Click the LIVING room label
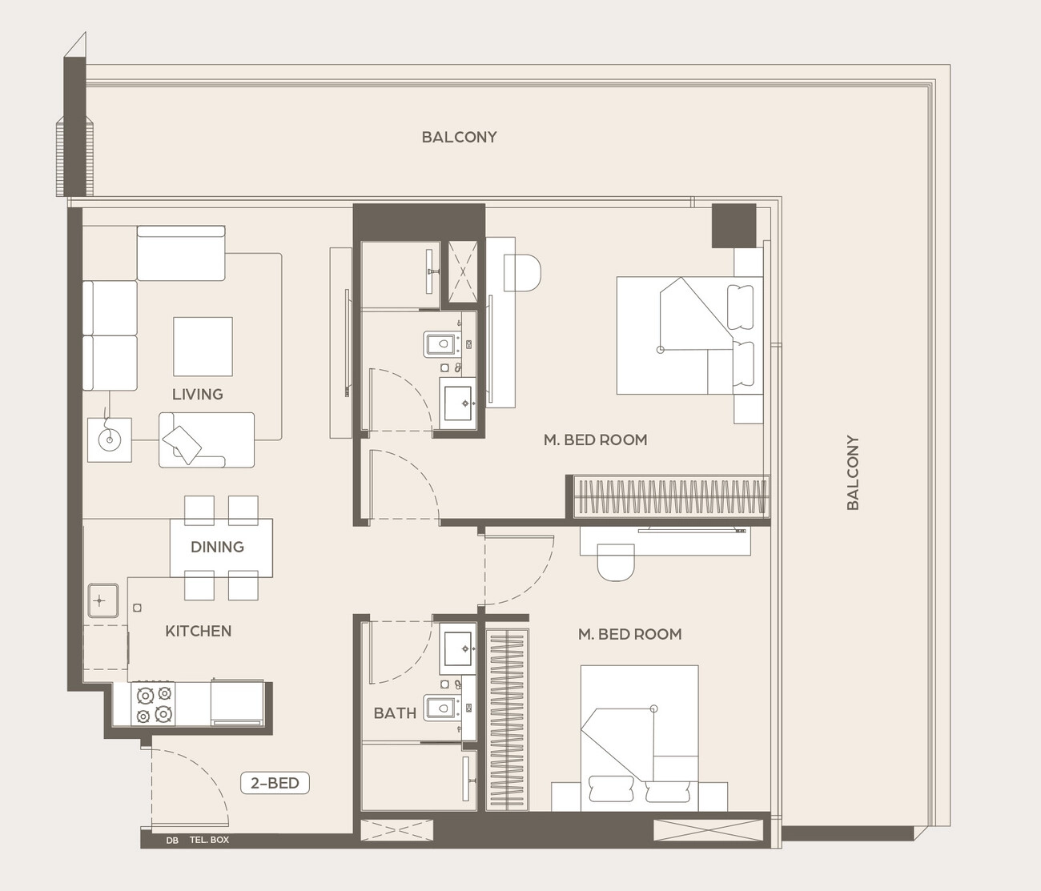tap(198, 394)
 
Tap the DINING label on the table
tap(218, 547)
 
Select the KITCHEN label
tap(199, 631)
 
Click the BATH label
tap(395, 712)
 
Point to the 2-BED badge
tap(275, 783)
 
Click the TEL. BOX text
tap(209, 840)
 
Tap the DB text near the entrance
tap(172, 840)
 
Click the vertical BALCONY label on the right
tap(853, 472)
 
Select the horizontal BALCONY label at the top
tap(460, 137)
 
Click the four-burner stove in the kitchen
tap(153, 704)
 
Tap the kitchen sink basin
tap(103, 600)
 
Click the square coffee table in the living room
tap(203, 347)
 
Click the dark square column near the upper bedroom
tap(734, 226)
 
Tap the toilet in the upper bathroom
tap(440, 344)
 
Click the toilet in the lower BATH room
tap(440, 708)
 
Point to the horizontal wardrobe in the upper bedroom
tap(671, 496)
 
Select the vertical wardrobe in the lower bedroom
tap(507, 720)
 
